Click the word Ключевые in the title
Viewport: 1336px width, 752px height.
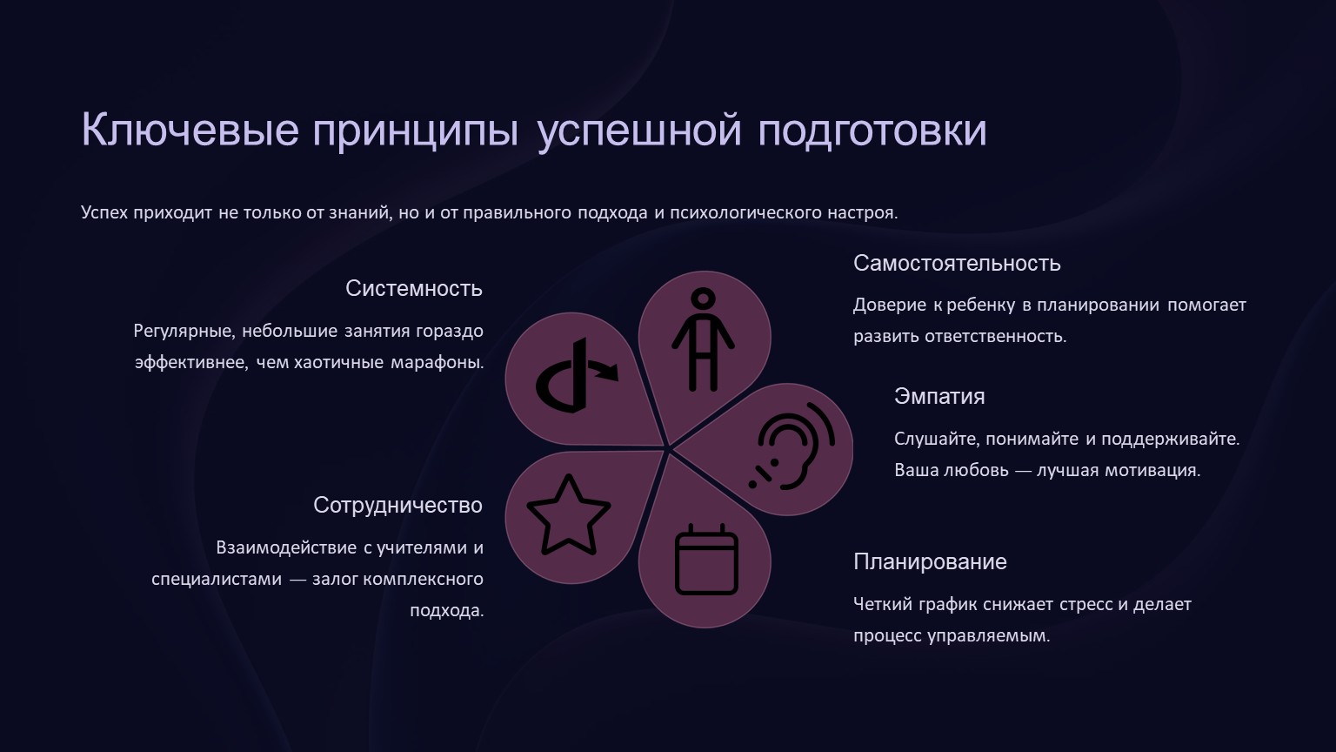click(190, 130)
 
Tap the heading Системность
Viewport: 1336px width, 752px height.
click(414, 288)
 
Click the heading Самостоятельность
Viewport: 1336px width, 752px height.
click(957, 263)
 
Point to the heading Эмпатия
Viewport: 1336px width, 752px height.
click(939, 396)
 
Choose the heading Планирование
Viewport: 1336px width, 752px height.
click(930, 561)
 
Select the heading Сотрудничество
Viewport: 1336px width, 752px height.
click(397, 506)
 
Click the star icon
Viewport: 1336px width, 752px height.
click(568, 515)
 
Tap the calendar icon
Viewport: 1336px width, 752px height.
click(706, 560)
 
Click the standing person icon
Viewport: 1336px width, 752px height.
click(703, 340)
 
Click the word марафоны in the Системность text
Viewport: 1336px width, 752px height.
click(438, 363)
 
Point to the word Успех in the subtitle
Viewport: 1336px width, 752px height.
click(104, 212)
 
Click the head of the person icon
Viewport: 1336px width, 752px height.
click(703, 299)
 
